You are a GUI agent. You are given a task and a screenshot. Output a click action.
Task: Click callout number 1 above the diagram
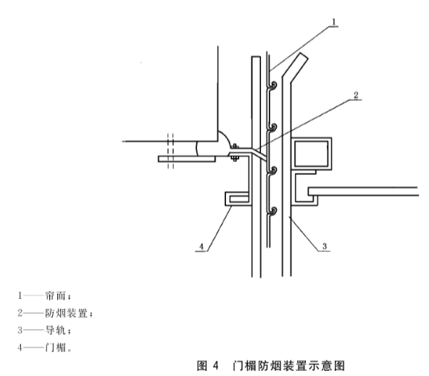tap(333, 22)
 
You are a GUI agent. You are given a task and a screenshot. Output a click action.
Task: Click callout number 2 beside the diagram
tap(356, 95)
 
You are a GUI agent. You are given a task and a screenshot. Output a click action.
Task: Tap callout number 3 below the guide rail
tap(325, 246)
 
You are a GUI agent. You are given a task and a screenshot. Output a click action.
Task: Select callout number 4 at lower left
tap(201, 247)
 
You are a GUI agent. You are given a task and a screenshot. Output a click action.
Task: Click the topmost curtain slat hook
tap(272, 85)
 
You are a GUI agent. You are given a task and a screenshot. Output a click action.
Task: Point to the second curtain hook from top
tap(272, 128)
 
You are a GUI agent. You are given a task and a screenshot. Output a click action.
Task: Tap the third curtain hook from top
tap(272, 171)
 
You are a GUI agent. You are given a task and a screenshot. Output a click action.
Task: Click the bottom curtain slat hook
tap(272, 211)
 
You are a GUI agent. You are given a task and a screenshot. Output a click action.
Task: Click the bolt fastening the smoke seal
tap(235, 152)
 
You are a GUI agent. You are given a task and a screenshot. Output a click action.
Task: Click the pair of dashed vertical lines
tap(170, 151)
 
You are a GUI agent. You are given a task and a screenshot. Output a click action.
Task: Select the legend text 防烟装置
tap(67, 313)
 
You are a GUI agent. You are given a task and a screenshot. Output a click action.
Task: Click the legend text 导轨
tap(56, 330)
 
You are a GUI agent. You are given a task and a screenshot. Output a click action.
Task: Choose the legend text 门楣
tap(56, 348)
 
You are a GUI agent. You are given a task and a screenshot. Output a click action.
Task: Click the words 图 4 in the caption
tap(208, 366)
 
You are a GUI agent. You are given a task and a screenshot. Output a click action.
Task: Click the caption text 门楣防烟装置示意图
tap(288, 366)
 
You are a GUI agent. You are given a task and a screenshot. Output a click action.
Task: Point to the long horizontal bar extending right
tap(363, 192)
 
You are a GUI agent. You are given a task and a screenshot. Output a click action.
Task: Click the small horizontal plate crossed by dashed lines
tap(187, 159)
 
